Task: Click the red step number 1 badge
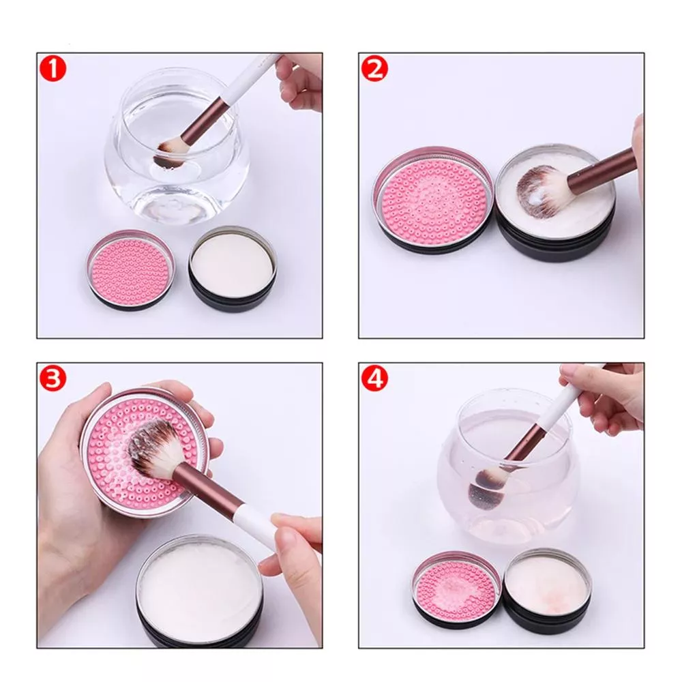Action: tap(53, 69)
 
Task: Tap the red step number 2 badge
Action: tap(374, 69)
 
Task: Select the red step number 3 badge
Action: tap(53, 379)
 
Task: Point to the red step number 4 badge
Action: tap(374, 379)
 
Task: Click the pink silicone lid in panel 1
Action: tap(130, 269)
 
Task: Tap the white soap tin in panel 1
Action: tap(233, 268)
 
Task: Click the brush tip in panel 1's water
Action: tap(170, 153)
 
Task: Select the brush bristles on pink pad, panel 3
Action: tap(154, 452)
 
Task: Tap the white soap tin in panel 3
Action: tap(200, 594)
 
